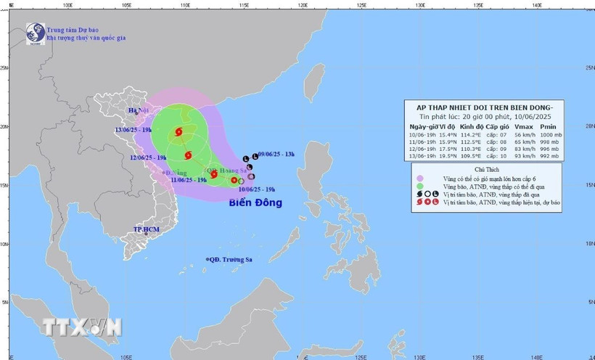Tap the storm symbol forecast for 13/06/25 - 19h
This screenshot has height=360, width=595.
[x=178, y=132]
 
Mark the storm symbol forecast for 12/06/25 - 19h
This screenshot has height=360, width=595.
[x=188, y=155]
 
